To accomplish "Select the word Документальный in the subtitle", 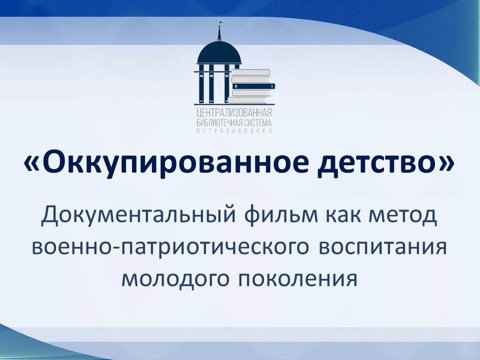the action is pos(138,215).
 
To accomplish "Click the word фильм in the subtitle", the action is pos(281,215).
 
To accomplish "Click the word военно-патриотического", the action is pos(170,247).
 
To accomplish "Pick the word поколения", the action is pos(297,279).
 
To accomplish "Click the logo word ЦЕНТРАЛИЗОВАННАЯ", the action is pos(234,113).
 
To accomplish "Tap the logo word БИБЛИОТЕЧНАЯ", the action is pos(219,123).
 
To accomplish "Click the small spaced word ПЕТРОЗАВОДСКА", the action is pos(234,130).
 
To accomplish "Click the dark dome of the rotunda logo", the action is pos(219,52).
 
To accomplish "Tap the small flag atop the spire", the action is pos(220,22).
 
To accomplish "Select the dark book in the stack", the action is pos(253,86).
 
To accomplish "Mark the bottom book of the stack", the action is pos(251,100).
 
